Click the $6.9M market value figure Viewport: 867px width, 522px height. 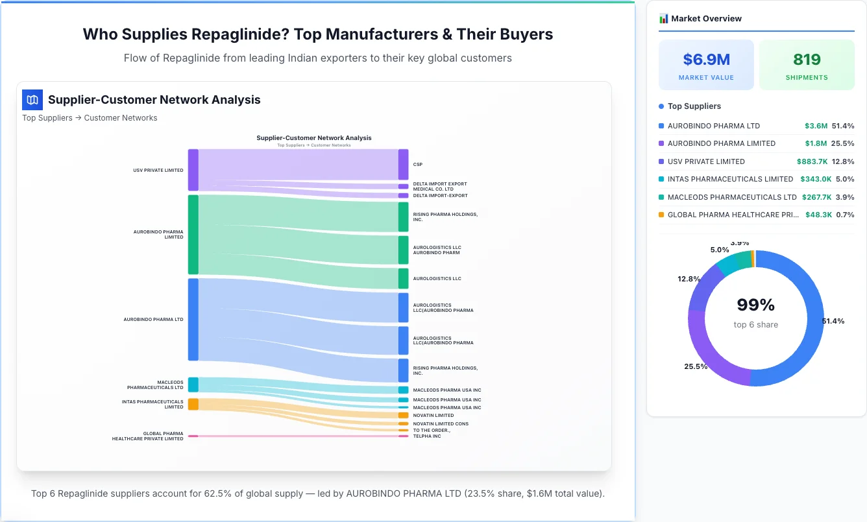[x=706, y=60]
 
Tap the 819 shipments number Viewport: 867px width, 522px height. [x=807, y=60]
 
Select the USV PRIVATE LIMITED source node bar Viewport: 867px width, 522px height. [x=193, y=170]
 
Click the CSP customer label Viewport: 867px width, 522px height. [x=418, y=165]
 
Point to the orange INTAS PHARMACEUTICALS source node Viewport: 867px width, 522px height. [x=193, y=404]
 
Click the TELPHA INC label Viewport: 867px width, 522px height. [x=427, y=436]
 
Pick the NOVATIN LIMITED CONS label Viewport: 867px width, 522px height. [x=441, y=424]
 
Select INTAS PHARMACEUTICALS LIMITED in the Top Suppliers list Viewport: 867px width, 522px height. [x=730, y=179]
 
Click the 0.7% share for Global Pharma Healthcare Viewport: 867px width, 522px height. [x=845, y=215]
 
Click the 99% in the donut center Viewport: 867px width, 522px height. [x=755, y=305]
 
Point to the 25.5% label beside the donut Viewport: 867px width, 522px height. [x=696, y=366]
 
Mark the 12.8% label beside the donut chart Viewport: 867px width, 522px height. [x=689, y=279]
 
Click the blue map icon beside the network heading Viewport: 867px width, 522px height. [x=32, y=100]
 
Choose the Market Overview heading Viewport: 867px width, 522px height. [x=706, y=19]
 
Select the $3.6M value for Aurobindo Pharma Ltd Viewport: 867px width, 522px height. [x=816, y=126]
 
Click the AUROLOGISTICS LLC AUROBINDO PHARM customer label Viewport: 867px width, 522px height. [x=437, y=250]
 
